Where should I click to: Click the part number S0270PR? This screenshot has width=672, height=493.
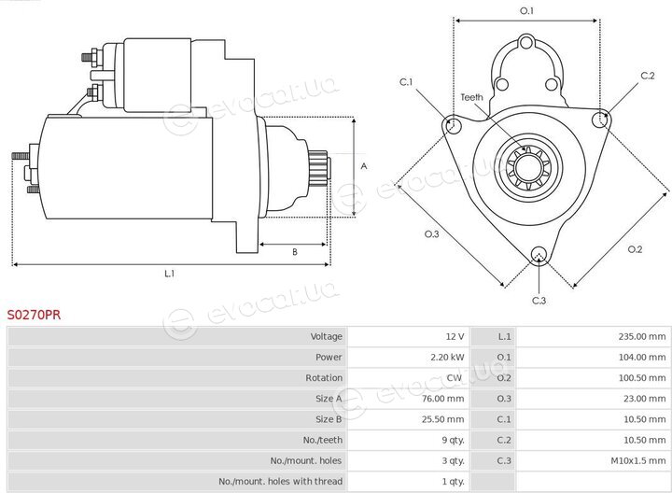pyautogui.click(x=34, y=315)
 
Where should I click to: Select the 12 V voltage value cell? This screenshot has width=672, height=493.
pyautogui.click(x=455, y=336)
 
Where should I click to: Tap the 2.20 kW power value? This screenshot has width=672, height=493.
pyautogui.click(x=447, y=357)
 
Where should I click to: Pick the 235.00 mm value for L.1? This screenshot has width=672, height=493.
pyautogui.click(x=641, y=336)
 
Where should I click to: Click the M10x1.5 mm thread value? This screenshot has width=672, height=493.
pyautogui.click(x=638, y=461)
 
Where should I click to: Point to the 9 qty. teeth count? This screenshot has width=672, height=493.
pyautogui.click(x=453, y=440)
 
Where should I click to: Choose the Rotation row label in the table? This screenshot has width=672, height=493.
pyautogui.click(x=324, y=377)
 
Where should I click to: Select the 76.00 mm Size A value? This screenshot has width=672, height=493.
pyautogui.click(x=442, y=399)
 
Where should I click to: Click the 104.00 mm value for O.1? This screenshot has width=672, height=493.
pyautogui.click(x=641, y=357)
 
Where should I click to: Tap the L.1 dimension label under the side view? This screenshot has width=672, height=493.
pyautogui.click(x=170, y=273)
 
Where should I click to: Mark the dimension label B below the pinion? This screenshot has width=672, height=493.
pyautogui.click(x=294, y=252)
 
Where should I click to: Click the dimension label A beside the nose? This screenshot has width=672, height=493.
pyautogui.click(x=364, y=166)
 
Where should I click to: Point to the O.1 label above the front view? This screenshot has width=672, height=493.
pyautogui.click(x=526, y=10)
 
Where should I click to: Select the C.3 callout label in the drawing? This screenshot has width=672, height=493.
pyautogui.click(x=539, y=301)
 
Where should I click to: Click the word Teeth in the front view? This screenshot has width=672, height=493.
pyautogui.click(x=471, y=97)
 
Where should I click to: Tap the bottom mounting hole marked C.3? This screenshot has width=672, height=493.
pyautogui.click(x=539, y=255)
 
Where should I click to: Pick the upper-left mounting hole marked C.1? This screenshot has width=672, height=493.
pyautogui.click(x=453, y=125)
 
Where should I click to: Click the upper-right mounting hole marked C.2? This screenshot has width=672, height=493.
pyautogui.click(x=601, y=119)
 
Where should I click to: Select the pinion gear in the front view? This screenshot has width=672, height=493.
pyautogui.click(x=528, y=168)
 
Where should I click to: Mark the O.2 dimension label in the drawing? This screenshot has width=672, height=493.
pyautogui.click(x=635, y=249)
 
